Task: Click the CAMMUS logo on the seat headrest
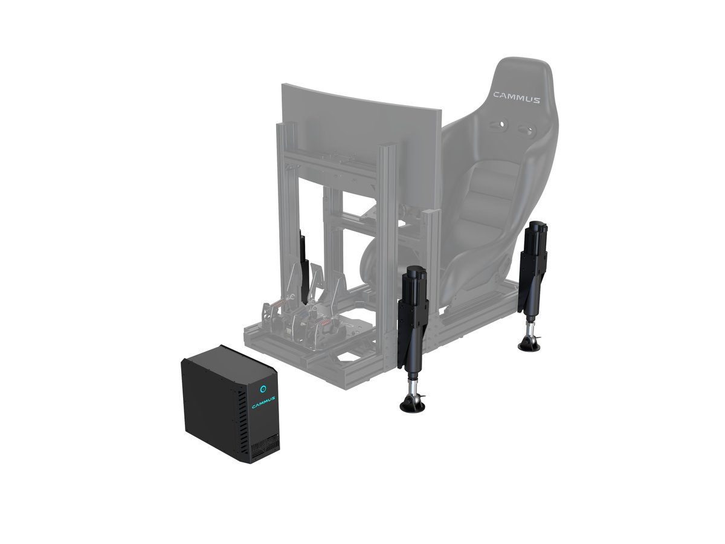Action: (x=516, y=96)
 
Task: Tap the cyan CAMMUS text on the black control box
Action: (x=263, y=401)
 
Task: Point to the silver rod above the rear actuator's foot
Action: (x=532, y=326)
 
